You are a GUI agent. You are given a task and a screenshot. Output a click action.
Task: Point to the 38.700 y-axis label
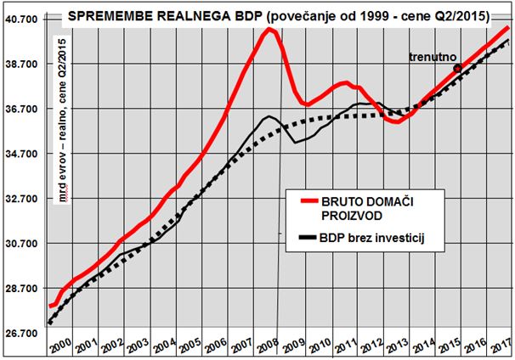click(x=22, y=64)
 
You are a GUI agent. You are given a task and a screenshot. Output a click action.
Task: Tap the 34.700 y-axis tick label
click(x=22, y=154)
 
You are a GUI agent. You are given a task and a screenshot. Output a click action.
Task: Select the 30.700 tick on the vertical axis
click(x=22, y=244)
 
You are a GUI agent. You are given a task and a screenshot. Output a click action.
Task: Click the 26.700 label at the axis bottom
click(x=22, y=334)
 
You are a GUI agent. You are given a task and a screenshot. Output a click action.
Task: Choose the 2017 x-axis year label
click(x=501, y=345)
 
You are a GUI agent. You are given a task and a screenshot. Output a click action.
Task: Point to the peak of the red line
click(x=269, y=30)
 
